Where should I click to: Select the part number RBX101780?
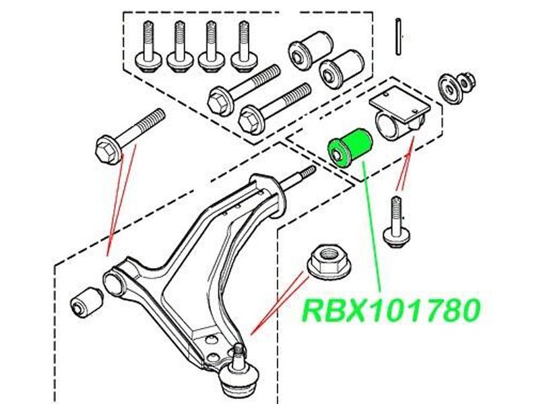393,309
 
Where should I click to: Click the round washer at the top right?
448,88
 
